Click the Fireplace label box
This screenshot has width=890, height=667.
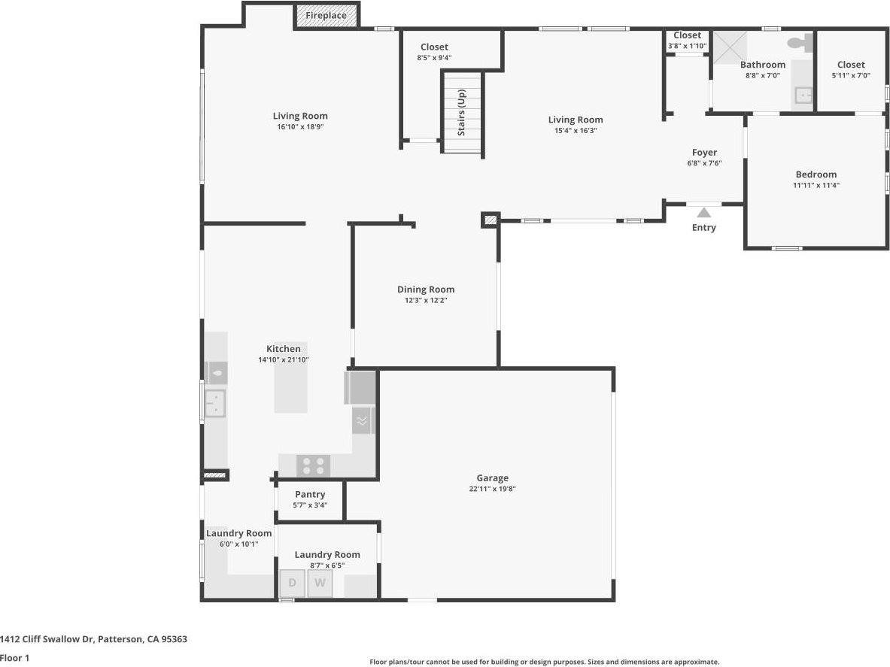[x=327, y=16]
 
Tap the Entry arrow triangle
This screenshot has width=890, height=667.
[x=703, y=213]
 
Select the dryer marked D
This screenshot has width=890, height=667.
[x=292, y=583]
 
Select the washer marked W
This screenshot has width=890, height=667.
[x=320, y=583]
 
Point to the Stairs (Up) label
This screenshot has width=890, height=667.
[x=462, y=113]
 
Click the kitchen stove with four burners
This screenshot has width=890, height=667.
[x=313, y=465]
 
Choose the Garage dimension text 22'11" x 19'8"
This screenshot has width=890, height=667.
[x=492, y=489]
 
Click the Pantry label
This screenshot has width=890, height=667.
[x=310, y=494]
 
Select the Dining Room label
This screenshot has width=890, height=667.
[x=426, y=290]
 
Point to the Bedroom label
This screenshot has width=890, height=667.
[x=816, y=174]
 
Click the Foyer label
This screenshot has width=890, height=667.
[x=704, y=153]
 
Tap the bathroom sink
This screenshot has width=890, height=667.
[x=803, y=96]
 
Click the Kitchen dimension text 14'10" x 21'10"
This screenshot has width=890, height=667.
[x=284, y=360]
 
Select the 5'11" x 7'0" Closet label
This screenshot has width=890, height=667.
[x=851, y=65]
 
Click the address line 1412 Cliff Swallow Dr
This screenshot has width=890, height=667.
[x=93, y=639]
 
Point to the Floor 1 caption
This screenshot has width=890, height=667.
[x=14, y=658]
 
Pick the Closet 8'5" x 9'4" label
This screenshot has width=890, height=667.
[x=434, y=47]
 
